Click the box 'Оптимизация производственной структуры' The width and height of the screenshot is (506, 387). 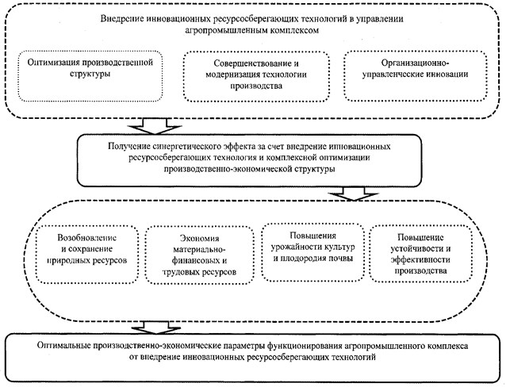(x=90, y=76)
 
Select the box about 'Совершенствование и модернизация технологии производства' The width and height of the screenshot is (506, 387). (x=256, y=76)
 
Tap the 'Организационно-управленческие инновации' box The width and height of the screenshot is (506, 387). (x=415, y=76)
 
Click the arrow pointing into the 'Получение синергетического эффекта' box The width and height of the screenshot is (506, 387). (x=155, y=126)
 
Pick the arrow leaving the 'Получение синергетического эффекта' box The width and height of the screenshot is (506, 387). (x=353, y=193)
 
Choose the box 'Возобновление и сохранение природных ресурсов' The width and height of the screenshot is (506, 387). (x=86, y=255)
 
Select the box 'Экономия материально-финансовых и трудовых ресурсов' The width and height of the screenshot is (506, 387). (x=199, y=255)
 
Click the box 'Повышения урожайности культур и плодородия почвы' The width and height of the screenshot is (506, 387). (x=312, y=251)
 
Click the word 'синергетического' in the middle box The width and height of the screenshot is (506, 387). (x=187, y=146)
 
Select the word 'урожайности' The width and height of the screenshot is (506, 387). (x=297, y=247)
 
